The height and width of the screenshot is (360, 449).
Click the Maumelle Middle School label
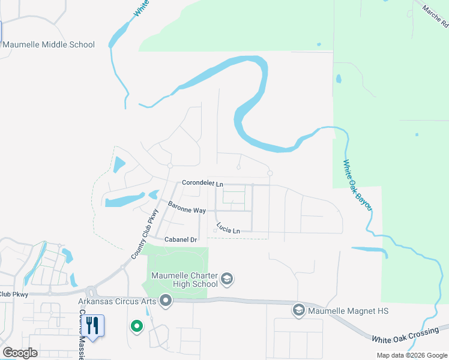[49, 44]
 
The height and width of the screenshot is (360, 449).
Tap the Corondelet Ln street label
[202, 183]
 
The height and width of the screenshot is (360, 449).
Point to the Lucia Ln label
[228, 230]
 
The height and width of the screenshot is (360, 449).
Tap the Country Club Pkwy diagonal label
[145, 234]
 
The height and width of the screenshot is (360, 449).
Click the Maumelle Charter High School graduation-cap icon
[228, 279]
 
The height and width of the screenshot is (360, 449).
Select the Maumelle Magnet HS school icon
[298, 310]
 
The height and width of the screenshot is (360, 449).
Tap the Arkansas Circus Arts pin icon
[166, 301]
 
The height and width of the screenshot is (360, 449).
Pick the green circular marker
[137, 326]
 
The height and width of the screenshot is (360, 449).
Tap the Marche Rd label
[435, 17]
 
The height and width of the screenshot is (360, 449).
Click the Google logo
[20, 352]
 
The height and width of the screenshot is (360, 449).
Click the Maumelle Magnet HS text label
[348, 311]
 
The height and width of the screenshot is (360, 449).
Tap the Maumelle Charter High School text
[184, 281]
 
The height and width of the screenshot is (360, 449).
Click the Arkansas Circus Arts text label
[118, 301]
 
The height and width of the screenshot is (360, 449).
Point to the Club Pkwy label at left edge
[14, 294]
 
